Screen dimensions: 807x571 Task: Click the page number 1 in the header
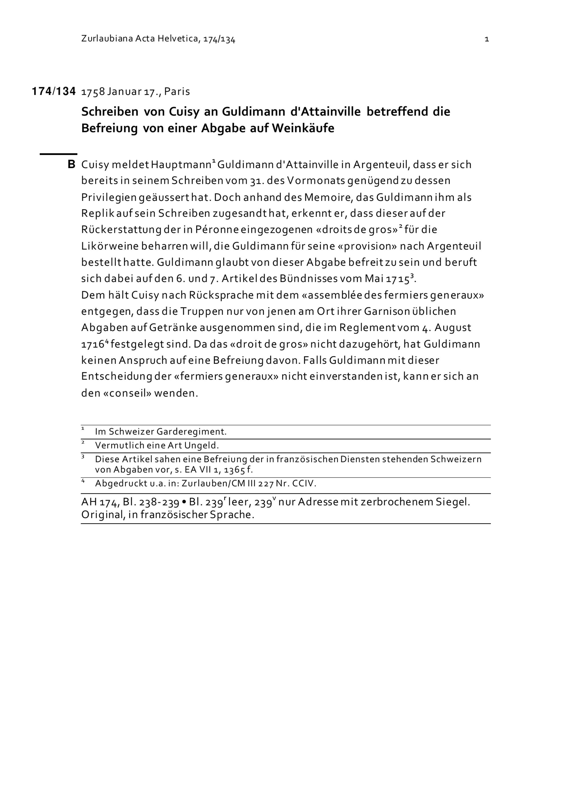coord(486,39)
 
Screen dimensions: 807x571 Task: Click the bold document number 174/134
coord(54,92)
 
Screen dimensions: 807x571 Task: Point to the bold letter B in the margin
coord(71,164)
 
